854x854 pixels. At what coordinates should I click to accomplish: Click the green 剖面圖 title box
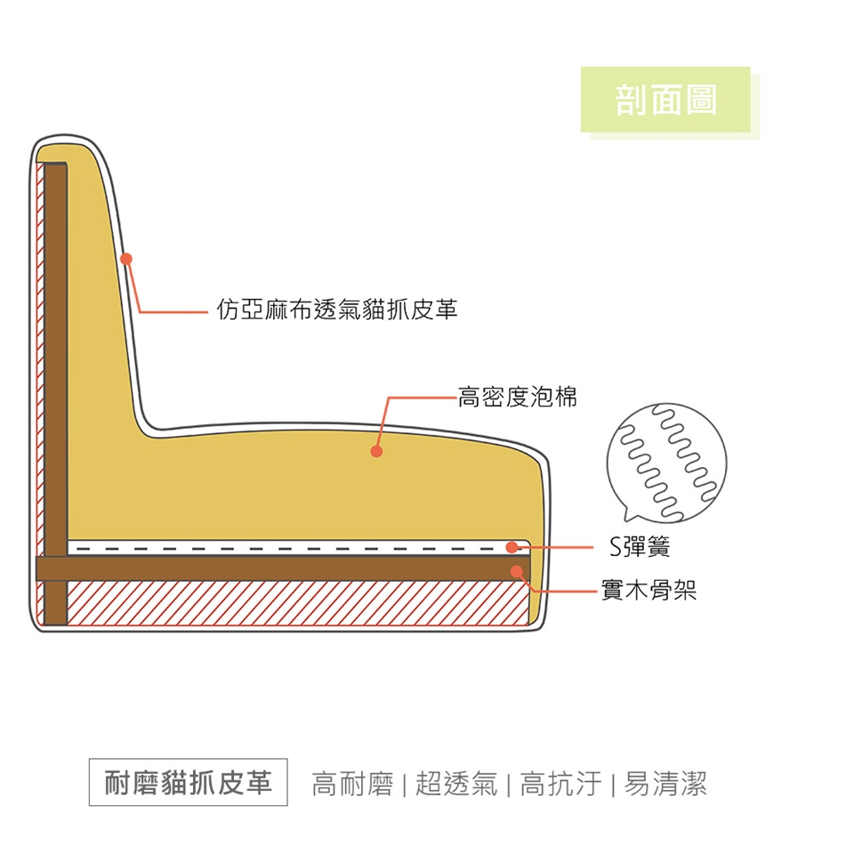[x=665, y=100]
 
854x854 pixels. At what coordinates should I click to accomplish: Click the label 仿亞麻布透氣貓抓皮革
[x=337, y=310]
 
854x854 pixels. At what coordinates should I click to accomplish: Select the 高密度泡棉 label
[x=517, y=397]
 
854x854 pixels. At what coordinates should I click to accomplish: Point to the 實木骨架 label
[x=649, y=590]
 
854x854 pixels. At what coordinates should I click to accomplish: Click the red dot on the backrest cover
[x=126, y=259]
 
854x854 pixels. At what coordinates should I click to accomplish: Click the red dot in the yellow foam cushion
[x=376, y=452]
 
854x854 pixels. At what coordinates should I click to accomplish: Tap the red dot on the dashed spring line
[x=512, y=547]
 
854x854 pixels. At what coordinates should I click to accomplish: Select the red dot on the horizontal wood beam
[x=517, y=569]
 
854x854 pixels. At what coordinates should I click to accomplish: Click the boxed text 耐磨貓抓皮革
[x=188, y=782]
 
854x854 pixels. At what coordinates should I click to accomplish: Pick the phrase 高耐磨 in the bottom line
[x=352, y=784]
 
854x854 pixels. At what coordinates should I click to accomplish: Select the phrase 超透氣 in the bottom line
[x=455, y=784]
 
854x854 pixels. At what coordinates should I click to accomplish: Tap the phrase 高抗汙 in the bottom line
[x=560, y=784]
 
